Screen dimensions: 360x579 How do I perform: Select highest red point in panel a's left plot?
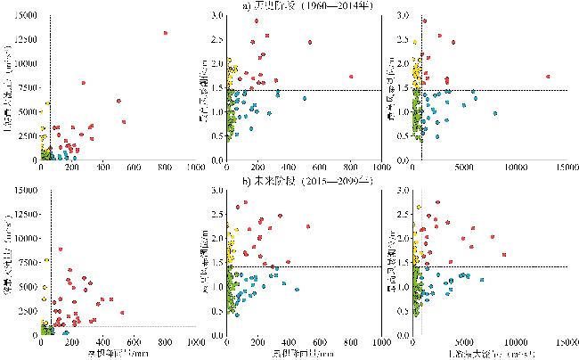pos(166,33)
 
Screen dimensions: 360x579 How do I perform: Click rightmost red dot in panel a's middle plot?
pos(351,77)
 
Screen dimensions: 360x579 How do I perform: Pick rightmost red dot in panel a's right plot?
pos(547,77)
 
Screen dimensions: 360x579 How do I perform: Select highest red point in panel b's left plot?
pos(60,249)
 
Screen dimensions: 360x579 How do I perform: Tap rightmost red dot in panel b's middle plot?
pos(308,226)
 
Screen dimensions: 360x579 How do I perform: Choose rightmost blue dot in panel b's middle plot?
pos(296,289)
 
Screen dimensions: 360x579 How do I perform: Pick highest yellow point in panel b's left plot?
pos(45,260)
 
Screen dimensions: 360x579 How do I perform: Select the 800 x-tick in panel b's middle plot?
pos(350,343)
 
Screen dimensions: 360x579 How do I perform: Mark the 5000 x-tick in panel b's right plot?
pos(464,343)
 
